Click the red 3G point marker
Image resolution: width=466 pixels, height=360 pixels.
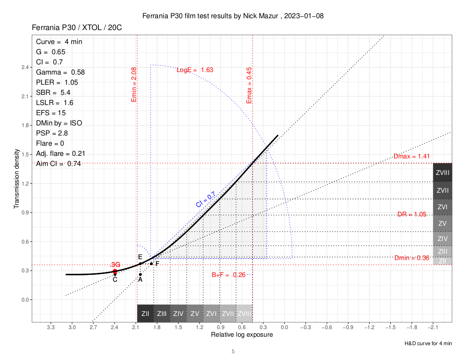(115, 271)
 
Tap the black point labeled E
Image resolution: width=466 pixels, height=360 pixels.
(140, 264)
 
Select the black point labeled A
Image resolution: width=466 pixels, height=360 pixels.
(140, 274)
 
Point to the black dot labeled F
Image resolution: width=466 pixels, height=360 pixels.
(151, 264)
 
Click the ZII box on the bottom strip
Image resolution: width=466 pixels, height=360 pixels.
(145, 314)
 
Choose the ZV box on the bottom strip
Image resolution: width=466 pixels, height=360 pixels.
(195, 314)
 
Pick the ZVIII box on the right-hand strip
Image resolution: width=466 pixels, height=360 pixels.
(443, 172)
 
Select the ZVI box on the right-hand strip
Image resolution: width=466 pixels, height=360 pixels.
(443, 207)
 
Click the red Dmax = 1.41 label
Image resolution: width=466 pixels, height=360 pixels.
(409, 156)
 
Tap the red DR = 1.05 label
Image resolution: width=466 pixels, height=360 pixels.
(412, 214)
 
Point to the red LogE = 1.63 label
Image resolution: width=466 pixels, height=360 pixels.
(195, 70)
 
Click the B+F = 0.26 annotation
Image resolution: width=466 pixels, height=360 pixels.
(229, 275)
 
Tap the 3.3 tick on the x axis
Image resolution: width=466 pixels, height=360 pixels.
(51, 327)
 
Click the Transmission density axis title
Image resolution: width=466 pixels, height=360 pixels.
(17, 178)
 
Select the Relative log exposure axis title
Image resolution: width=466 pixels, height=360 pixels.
(242, 335)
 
